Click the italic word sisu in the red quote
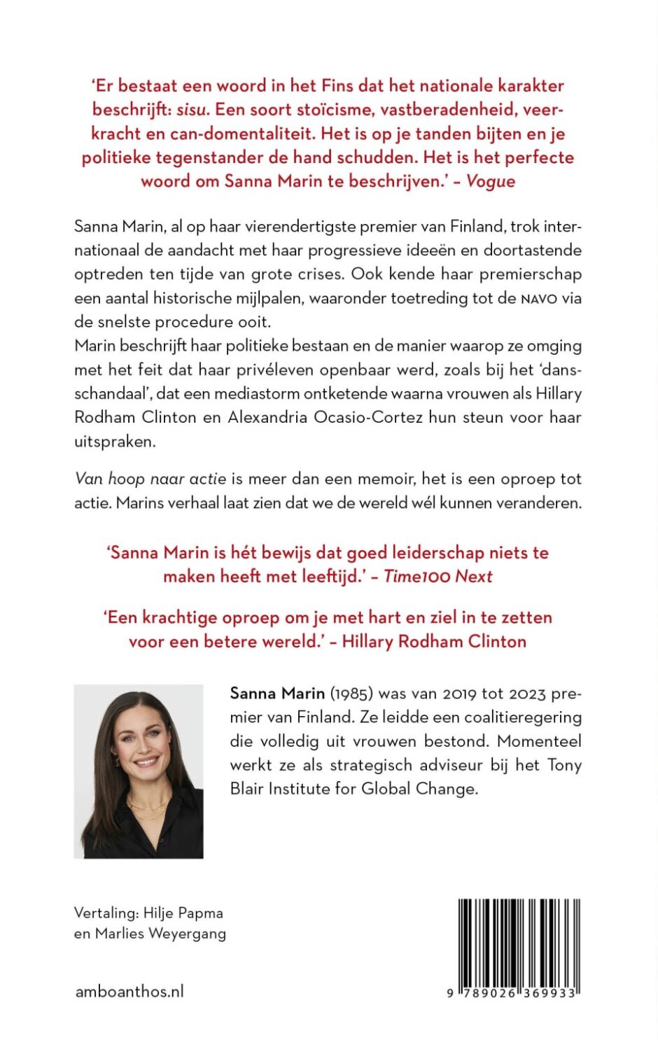pos(191,110)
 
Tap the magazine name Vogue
pos(491,181)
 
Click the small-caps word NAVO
pos(538,299)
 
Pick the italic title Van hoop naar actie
pos(150,479)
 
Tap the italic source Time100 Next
pos(438,576)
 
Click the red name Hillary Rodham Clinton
pos(434,641)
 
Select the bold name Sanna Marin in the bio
pos(277,694)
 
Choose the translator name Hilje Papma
pos(183,913)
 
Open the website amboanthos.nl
pos(129,991)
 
